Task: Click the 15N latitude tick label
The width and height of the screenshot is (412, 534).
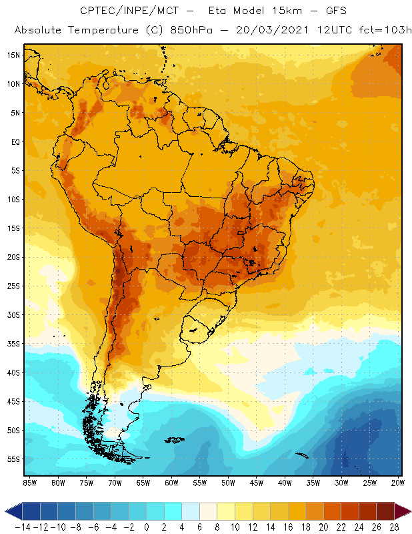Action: (x=13, y=55)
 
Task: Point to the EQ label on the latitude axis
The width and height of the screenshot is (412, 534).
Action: (x=14, y=142)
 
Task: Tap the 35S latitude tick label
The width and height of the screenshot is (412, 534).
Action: (x=13, y=344)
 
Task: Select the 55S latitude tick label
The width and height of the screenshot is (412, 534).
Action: (x=13, y=459)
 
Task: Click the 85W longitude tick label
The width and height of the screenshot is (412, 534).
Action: (x=29, y=483)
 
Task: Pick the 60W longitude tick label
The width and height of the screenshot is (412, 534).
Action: (x=171, y=483)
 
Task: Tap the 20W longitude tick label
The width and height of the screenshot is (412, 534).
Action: (x=398, y=483)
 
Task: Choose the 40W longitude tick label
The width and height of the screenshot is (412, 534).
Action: (x=285, y=483)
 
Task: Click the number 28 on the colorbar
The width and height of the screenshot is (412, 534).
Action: (x=394, y=527)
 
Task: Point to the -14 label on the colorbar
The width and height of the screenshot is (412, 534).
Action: (x=22, y=527)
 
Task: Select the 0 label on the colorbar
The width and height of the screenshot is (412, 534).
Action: (x=147, y=527)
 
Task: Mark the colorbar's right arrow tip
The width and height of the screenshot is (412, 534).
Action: (x=409, y=511)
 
